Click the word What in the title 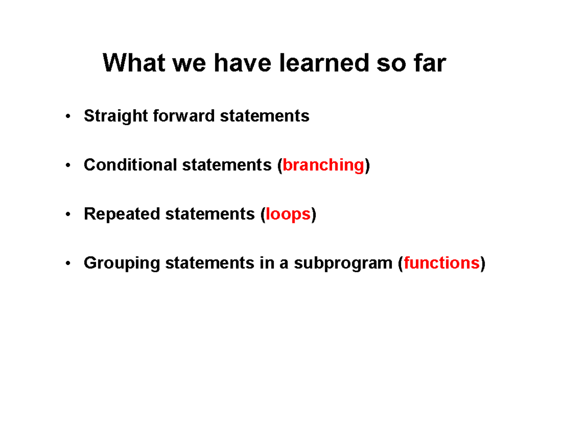coord(134,63)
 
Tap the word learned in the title coord(324,63)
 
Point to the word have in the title coord(242,63)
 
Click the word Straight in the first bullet coord(116,116)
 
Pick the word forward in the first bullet coord(184,115)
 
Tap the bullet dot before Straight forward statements coord(68,116)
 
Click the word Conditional coord(130,165)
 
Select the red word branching coord(323,165)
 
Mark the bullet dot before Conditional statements coord(68,165)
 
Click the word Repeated coord(122,214)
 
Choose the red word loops coord(288,214)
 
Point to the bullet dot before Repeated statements coord(68,214)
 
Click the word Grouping coord(122,264)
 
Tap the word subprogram coord(343,264)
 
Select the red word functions coord(442,263)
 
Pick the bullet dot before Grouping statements coord(68,263)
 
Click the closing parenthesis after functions coord(482,264)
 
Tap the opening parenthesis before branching coord(280,165)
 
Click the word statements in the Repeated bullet coord(210,214)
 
